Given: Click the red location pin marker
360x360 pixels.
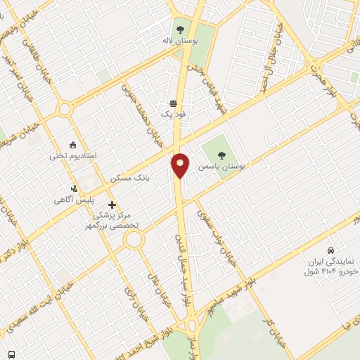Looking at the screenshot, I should pos(181,165).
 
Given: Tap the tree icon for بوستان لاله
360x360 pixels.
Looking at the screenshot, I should pos(181,30).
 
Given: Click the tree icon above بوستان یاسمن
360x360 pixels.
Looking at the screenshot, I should pos(222,155).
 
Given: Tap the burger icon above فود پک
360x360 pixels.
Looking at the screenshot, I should pos(173,103).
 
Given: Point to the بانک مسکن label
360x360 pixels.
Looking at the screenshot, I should pos(127,179).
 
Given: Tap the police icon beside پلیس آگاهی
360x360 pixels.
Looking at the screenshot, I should pos(74,188).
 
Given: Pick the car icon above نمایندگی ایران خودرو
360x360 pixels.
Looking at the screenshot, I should pos(330,250).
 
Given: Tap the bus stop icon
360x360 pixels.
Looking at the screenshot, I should pos(11,354).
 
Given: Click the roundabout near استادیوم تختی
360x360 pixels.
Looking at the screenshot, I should pos(65,109).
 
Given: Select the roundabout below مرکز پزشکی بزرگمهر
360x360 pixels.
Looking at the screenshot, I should pos(134,240).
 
